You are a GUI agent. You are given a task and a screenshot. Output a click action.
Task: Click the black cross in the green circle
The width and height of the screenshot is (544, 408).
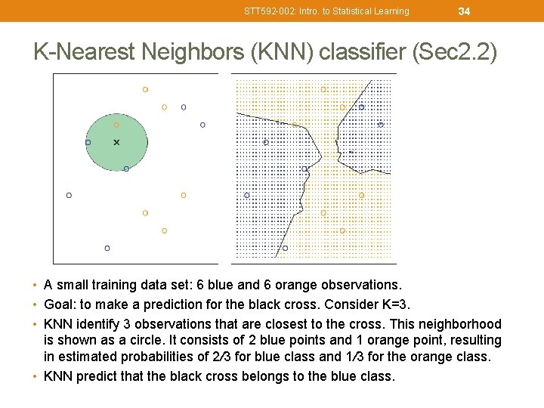(x=116, y=142)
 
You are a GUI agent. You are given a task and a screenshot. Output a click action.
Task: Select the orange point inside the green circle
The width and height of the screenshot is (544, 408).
(x=116, y=125)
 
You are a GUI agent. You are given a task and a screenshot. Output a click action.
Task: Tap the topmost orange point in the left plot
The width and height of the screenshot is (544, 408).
(x=145, y=89)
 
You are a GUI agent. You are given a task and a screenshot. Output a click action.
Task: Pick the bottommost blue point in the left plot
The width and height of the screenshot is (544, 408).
(x=107, y=248)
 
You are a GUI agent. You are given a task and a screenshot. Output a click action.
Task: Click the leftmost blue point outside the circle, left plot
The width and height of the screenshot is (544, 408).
(x=70, y=195)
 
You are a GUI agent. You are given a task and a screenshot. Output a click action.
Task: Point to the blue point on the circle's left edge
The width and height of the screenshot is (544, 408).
(x=88, y=142)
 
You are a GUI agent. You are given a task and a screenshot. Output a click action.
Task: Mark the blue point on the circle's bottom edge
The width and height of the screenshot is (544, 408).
(x=126, y=168)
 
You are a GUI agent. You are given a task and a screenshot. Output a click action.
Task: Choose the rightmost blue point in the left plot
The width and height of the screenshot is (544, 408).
(x=202, y=125)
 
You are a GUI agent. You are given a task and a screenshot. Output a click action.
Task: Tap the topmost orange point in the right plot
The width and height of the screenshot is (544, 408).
(x=323, y=89)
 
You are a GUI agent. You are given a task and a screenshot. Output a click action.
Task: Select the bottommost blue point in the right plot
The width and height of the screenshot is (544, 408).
(x=285, y=248)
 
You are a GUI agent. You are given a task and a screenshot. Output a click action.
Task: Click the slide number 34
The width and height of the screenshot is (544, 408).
(x=464, y=11)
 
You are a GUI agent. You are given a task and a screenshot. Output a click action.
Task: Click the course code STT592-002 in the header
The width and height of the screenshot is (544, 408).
(x=270, y=11)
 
